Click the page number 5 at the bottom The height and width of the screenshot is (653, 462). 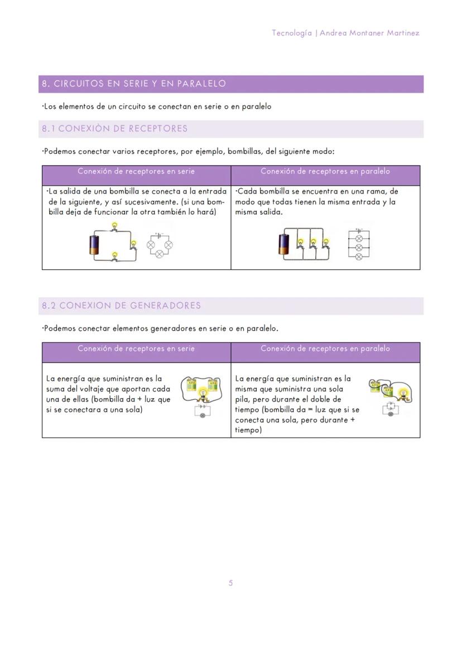click(x=230, y=583)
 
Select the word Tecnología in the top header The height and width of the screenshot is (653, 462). click(x=292, y=33)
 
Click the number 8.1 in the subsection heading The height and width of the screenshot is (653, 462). click(x=49, y=129)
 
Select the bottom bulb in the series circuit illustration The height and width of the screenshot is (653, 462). click(x=115, y=255)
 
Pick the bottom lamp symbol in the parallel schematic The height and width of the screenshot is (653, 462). click(x=359, y=256)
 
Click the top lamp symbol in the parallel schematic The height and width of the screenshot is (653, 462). click(x=359, y=238)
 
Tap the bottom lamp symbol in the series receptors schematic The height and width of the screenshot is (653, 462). click(x=159, y=254)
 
